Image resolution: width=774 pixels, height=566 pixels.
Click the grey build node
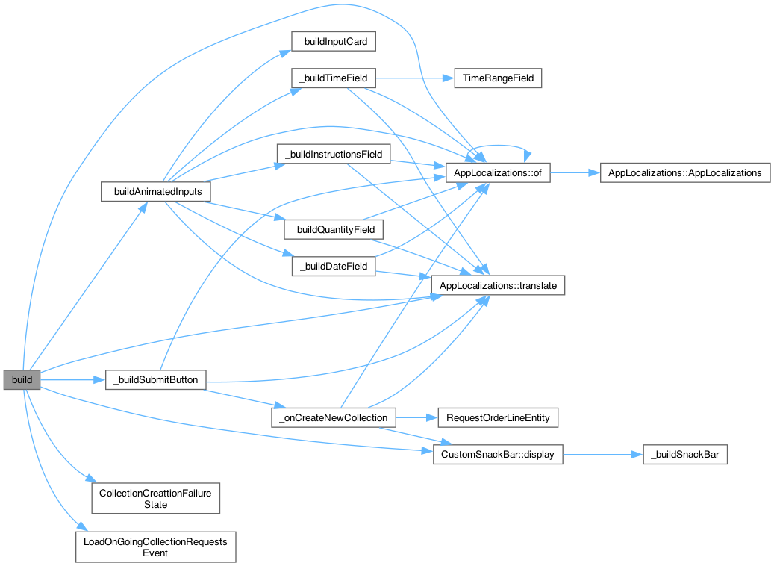(22, 379)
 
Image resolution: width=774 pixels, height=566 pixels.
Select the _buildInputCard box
(333, 42)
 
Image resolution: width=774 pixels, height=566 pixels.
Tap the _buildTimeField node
(333, 78)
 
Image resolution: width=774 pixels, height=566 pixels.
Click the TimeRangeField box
(498, 78)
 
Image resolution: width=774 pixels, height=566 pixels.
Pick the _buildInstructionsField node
(333, 155)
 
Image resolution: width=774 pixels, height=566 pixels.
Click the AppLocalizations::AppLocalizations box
(684, 172)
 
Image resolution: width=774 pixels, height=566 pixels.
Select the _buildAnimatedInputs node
(155, 191)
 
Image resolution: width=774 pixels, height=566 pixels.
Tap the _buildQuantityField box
(333, 228)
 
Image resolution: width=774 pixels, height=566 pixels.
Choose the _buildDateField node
(333, 266)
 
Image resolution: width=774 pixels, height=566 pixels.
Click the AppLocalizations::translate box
(499, 285)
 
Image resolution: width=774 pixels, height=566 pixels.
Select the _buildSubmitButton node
(155, 379)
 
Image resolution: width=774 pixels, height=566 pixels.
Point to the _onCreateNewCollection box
(333, 417)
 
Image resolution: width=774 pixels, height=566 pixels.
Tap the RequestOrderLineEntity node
(498, 417)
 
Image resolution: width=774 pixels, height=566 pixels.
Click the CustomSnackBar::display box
(498, 454)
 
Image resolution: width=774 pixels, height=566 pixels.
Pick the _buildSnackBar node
(684, 454)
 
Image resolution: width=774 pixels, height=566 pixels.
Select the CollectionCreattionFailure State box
(155, 498)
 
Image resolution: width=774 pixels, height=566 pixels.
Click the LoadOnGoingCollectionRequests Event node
(155, 547)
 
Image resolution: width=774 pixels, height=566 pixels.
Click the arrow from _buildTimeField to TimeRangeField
(415, 78)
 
